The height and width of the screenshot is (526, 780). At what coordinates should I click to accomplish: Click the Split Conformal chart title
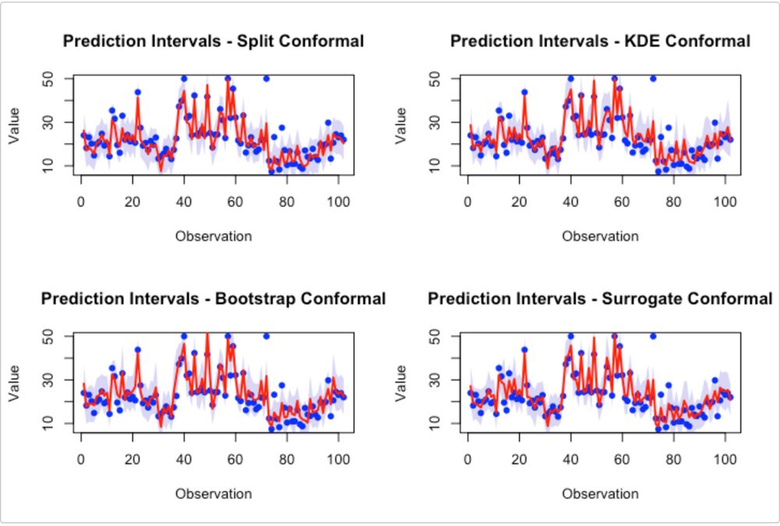[213, 41]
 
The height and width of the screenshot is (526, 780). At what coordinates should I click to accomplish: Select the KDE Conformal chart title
[600, 41]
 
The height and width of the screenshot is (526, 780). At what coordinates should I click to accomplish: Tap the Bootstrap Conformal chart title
[213, 298]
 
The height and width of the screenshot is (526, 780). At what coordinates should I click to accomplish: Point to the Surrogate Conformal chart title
[600, 298]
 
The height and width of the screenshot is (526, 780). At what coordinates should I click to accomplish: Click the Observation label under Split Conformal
[213, 235]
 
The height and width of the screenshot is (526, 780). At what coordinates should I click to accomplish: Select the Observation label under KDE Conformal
[600, 235]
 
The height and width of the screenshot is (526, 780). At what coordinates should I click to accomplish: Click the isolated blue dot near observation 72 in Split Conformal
[266, 79]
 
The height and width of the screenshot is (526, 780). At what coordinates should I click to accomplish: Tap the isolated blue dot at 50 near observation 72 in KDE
[653, 79]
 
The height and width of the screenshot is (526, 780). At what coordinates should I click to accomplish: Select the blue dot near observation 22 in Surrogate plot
[524, 350]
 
